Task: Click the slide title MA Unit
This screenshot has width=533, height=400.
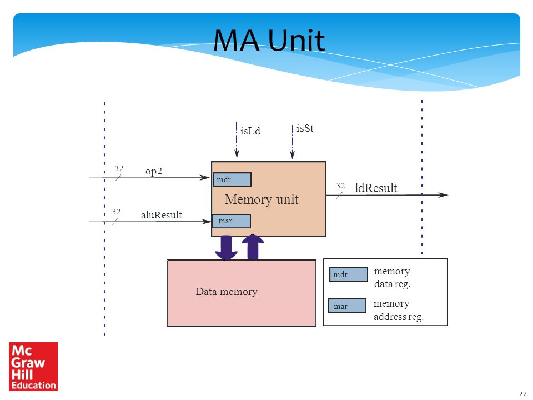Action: tap(269, 40)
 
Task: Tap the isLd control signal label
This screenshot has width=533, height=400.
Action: tap(250, 131)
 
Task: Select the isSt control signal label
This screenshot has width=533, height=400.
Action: tap(305, 128)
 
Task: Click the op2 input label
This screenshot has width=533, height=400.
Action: tap(154, 171)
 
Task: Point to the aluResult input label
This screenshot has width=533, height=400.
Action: tap(162, 215)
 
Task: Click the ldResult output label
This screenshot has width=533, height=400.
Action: tap(376, 188)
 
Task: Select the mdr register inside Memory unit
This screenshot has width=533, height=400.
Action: tap(232, 179)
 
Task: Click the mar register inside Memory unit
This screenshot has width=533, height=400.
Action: tap(232, 221)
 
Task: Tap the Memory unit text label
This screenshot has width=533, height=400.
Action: tap(262, 199)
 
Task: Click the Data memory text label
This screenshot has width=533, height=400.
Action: tap(227, 292)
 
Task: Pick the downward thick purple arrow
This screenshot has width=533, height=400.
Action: tap(226, 247)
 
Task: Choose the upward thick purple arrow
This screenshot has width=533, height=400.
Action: tap(253, 247)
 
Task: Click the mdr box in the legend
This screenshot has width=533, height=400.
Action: tap(349, 274)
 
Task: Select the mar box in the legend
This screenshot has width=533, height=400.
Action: tap(348, 306)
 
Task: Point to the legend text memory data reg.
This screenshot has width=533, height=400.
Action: tap(393, 278)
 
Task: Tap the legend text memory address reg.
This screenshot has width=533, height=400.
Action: tap(399, 310)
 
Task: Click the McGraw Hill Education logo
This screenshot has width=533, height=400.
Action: tap(33, 366)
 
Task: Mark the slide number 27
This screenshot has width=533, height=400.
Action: tap(523, 394)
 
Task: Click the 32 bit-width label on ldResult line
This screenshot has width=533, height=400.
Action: tap(340, 186)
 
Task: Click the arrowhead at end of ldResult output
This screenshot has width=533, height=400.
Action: tap(443, 195)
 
